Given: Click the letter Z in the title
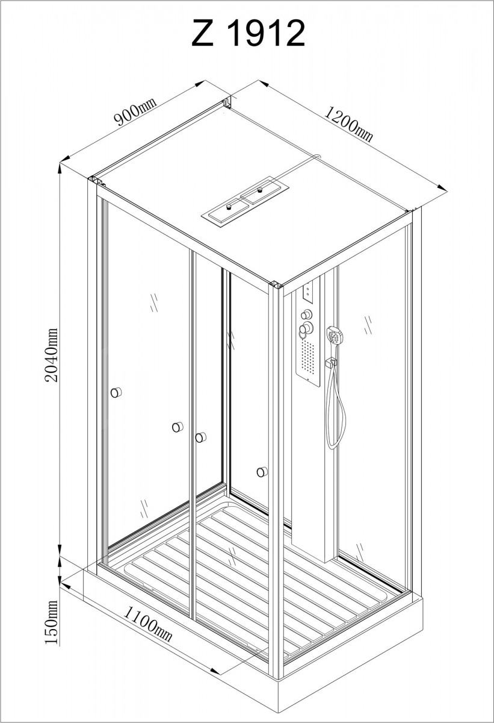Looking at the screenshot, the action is tap(203, 33).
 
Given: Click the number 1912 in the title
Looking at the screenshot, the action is tap(265, 33).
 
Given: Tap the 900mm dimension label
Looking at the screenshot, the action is tap(135, 111).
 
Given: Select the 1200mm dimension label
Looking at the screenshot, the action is tap(348, 124).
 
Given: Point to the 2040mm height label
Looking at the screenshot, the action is tap(52, 355).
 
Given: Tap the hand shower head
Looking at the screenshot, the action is tap(336, 336).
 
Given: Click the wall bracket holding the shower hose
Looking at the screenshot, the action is tap(331, 362).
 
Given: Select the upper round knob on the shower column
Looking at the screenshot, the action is tap(306, 314).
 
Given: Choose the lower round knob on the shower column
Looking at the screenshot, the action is tap(305, 329).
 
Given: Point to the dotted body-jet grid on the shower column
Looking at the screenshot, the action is tap(308, 357).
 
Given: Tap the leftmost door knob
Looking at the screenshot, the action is tap(116, 392).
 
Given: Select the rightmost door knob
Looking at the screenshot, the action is tap(262, 472).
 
